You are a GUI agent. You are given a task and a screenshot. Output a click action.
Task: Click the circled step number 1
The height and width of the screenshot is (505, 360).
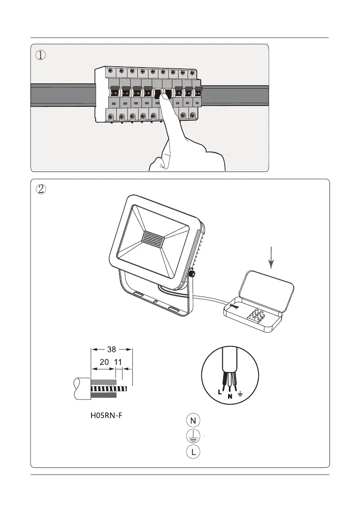click(40, 55)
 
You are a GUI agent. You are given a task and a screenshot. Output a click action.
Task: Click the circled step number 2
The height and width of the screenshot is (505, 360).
click(40, 189)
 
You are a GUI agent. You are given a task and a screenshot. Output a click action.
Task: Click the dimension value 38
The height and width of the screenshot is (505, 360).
click(111, 350)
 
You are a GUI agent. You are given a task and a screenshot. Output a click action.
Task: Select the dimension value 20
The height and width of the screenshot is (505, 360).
click(104, 362)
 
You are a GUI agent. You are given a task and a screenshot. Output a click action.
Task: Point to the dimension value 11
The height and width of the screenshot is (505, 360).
click(118, 362)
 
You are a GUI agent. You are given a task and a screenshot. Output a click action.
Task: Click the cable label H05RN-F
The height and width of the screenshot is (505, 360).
click(107, 416)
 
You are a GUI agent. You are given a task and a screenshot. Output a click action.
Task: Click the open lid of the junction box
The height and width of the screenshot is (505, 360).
click(267, 288)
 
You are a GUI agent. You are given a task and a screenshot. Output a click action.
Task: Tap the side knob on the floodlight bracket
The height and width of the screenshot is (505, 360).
click(192, 273)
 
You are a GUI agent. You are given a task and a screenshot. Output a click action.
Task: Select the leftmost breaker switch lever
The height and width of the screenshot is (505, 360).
click(113, 90)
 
